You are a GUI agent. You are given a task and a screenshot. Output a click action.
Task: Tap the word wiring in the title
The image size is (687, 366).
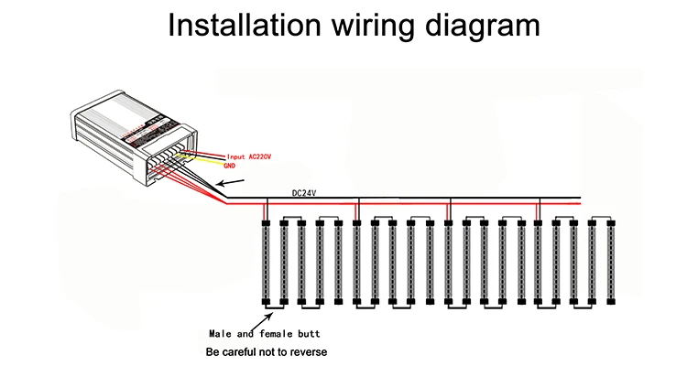pyautogui.click(x=380, y=26)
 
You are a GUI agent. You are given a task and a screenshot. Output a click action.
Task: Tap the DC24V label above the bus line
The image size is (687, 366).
pyautogui.click(x=304, y=193)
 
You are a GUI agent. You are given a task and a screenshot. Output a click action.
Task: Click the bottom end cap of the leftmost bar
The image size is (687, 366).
pyautogui.click(x=265, y=302)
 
